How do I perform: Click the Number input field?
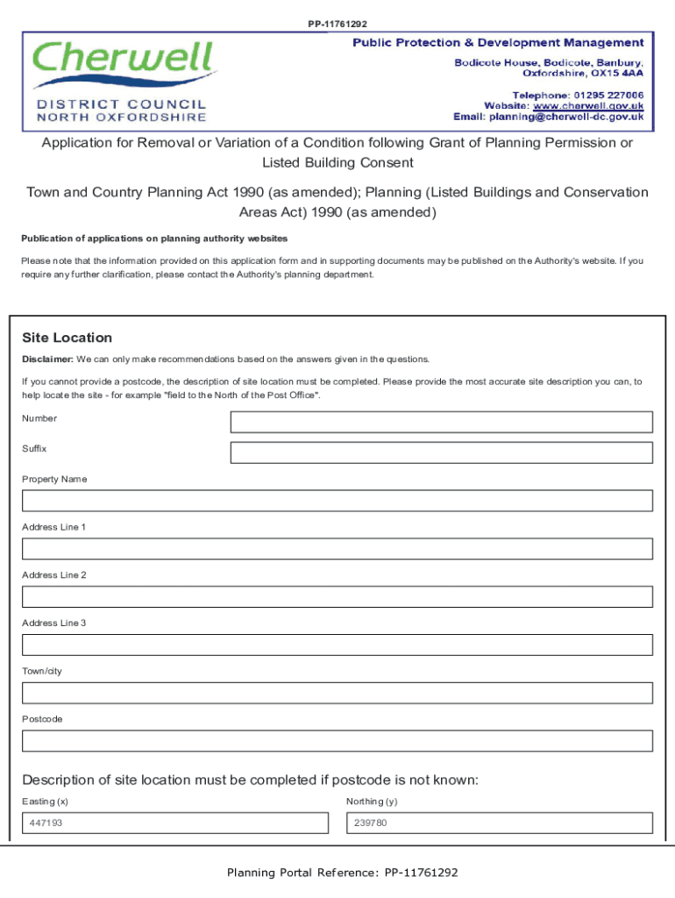click(x=441, y=422)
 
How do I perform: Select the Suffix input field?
click(x=441, y=453)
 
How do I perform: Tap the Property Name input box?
click(x=337, y=501)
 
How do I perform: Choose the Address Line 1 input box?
click(x=337, y=549)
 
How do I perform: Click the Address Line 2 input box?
click(x=337, y=597)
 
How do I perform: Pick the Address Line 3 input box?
click(x=337, y=645)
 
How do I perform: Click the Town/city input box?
click(x=337, y=693)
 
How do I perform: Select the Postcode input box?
click(x=337, y=741)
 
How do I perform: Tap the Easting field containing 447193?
click(x=175, y=823)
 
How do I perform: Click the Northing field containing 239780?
click(x=500, y=823)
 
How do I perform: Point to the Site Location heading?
click(x=67, y=338)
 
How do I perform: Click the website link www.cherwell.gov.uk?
click(x=589, y=105)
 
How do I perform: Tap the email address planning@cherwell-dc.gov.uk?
click(x=566, y=117)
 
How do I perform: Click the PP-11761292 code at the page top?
click(x=337, y=24)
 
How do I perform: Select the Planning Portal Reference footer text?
click(x=342, y=873)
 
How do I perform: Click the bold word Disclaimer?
click(x=47, y=360)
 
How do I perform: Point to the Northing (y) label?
click(x=372, y=802)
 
